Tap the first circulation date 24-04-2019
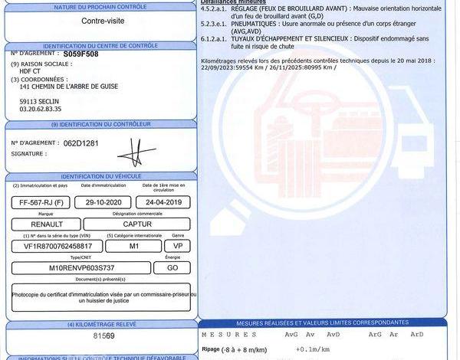163,202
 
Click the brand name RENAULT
45,225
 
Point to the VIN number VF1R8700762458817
57,247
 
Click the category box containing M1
133,247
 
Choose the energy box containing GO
172,268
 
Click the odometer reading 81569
103,336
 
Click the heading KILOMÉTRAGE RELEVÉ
103,325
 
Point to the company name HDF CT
31,71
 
